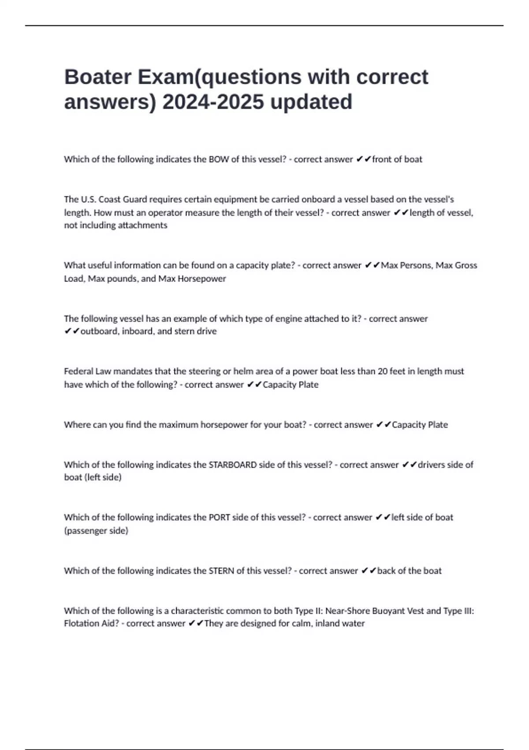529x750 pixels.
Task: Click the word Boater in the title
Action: coord(97,77)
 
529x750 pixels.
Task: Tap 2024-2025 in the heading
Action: coord(213,101)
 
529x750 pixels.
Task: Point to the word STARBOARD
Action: coord(232,465)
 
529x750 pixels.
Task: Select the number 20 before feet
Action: coord(382,371)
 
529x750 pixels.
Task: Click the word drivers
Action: coord(431,465)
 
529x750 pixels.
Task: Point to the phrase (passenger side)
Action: coord(96,530)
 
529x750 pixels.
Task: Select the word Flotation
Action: coord(80,623)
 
